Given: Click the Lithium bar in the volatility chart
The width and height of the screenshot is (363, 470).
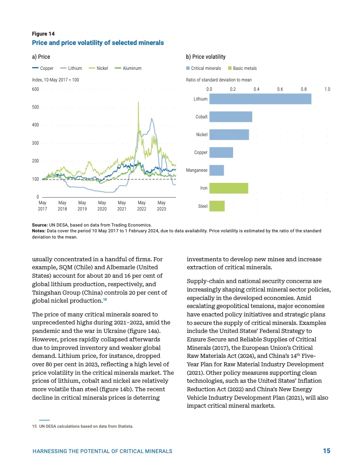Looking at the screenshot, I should pos(260,99).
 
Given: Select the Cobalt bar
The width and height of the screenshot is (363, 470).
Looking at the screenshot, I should pos(230,117).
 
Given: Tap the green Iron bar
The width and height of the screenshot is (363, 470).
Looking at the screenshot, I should pos(229,188).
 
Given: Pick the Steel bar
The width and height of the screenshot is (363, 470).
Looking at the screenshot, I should pos(217,206).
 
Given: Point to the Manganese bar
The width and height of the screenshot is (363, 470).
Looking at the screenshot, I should pos(216,170).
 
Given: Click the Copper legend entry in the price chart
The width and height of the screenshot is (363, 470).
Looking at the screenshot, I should pos(43,69).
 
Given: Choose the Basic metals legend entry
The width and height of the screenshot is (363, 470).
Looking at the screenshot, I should pos(242,69).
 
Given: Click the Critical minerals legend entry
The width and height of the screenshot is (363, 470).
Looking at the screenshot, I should pos(203,69).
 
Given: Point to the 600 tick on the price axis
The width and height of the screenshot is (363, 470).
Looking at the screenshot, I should pos(36,89).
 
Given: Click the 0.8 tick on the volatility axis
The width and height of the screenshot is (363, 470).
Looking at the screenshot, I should pos(303,89).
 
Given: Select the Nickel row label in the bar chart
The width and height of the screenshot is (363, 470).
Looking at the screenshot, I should pos(202,134).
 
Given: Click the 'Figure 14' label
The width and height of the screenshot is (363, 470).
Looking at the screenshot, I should pos(43,34).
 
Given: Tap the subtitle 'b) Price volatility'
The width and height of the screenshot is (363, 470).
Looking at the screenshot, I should pos(206,57).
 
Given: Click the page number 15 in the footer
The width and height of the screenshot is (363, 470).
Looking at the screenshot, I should pos(327,451).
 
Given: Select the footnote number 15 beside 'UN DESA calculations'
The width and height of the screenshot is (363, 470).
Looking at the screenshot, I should pos(34,426).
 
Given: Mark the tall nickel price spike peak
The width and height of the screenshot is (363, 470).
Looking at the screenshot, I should pos(139,102).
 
